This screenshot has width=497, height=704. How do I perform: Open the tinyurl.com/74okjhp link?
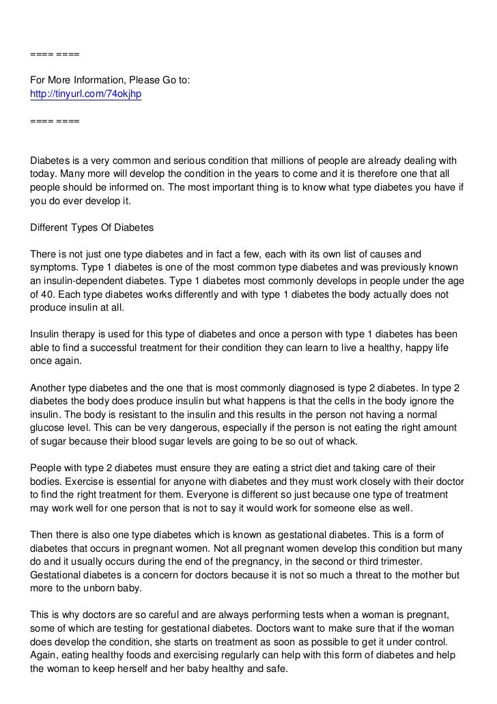tap(85, 94)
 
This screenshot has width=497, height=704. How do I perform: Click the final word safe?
tap(276, 669)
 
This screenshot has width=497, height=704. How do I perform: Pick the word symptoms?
tap(57, 268)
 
